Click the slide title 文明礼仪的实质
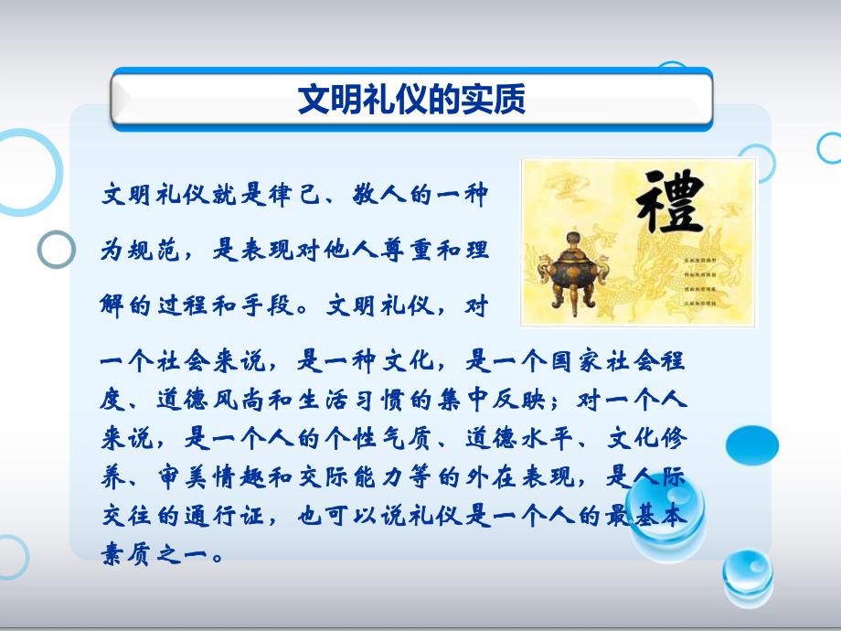(x=411, y=99)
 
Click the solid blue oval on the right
(x=752, y=445)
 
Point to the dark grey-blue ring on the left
(x=57, y=249)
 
